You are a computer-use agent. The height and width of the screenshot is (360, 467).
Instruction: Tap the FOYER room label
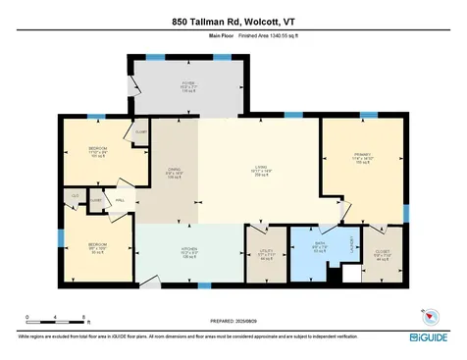[x=188, y=83]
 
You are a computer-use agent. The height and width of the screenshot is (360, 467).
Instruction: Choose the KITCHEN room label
[x=189, y=250]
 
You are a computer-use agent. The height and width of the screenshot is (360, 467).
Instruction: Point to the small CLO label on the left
[x=75, y=195]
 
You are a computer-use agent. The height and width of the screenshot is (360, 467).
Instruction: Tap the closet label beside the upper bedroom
[x=140, y=131]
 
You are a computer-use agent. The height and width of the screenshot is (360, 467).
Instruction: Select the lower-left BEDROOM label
[x=94, y=246]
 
